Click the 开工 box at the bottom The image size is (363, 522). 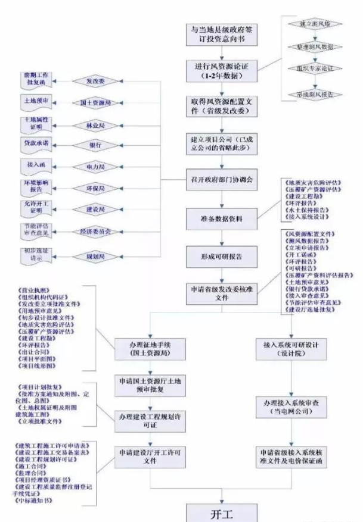click(221, 514)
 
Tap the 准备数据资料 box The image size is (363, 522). click(221, 218)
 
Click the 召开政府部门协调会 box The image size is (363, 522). click(221, 179)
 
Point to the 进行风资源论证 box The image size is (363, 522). click(221, 70)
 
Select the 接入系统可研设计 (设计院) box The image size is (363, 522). click(293, 348)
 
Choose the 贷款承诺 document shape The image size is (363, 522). click(37, 143)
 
